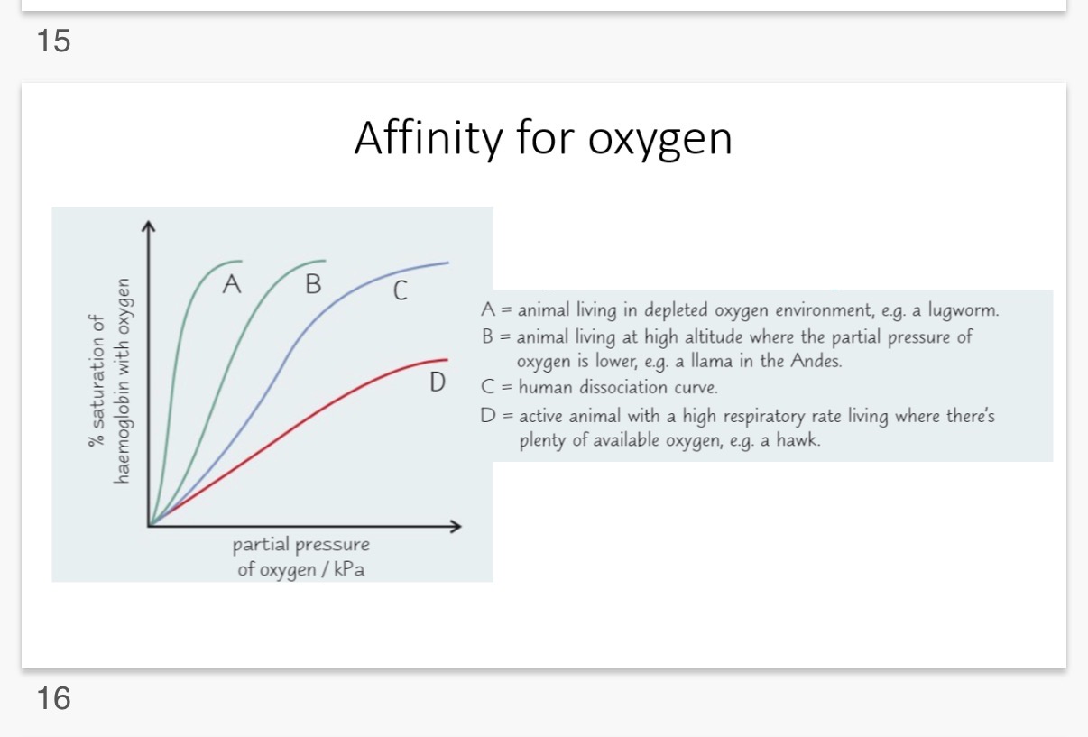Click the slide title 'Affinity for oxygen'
543,139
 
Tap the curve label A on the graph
232,285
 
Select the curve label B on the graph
313,285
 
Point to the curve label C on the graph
400,291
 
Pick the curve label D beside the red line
438,383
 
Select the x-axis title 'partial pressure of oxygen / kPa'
301,557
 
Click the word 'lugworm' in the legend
965,311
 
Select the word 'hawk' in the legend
799,442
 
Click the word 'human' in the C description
544,388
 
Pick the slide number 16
54,697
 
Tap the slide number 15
54,40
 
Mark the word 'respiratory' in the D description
763,417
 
